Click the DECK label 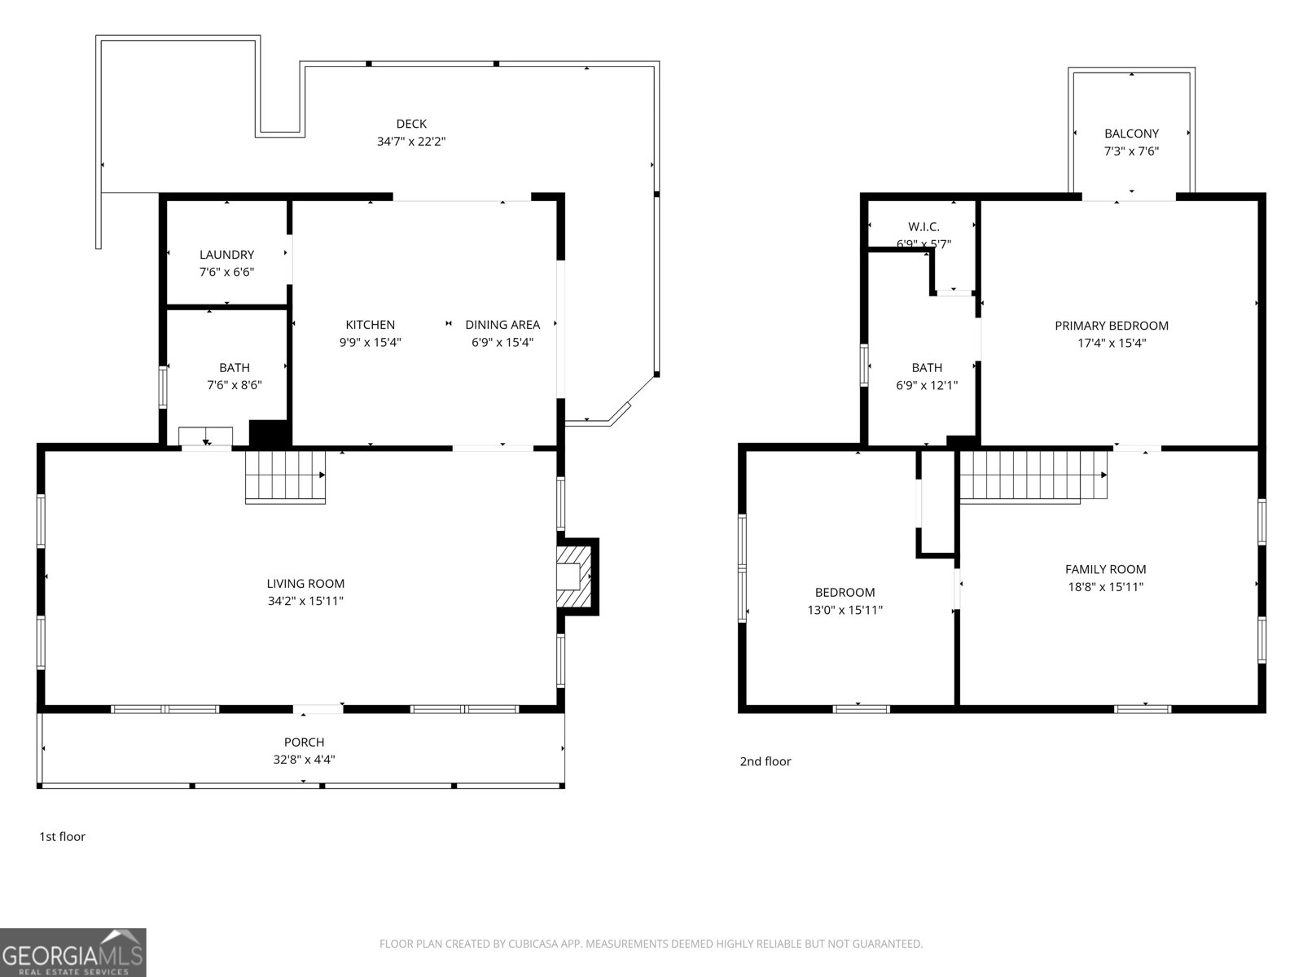tap(411, 124)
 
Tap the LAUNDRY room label tap(226, 255)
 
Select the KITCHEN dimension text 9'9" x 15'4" tap(370, 343)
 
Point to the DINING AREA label tap(502, 325)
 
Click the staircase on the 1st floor tap(285, 476)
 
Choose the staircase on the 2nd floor tap(1033, 476)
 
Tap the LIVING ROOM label tap(305, 584)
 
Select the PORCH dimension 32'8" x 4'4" tap(304, 760)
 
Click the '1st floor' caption tap(62, 836)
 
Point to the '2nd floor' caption tap(765, 761)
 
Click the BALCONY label tap(1131, 134)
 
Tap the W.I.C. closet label tap(924, 227)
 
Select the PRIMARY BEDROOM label tap(1111, 326)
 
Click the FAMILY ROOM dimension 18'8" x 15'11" tap(1105, 587)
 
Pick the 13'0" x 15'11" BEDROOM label tap(845, 593)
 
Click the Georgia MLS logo tap(73, 953)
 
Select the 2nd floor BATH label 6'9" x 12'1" tap(927, 368)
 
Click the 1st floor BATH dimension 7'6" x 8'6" tap(235, 385)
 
